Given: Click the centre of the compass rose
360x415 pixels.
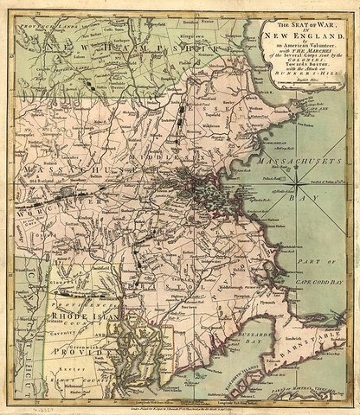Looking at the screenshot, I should [x=299, y=183].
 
